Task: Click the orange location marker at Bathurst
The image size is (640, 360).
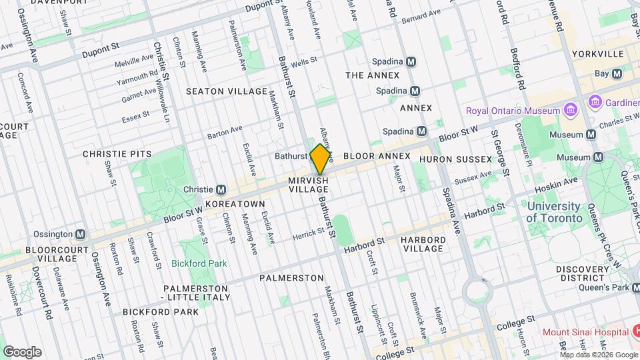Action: coord(321,159)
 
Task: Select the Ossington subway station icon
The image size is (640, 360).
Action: coord(81,234)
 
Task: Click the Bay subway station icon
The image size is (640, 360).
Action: coord(617,73)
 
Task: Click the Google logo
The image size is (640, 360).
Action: coord(22,351)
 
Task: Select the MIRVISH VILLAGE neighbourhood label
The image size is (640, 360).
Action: coord(309,185)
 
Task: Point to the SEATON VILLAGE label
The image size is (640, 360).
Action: coord(226,91)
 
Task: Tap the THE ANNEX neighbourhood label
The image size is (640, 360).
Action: coord(372,75)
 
